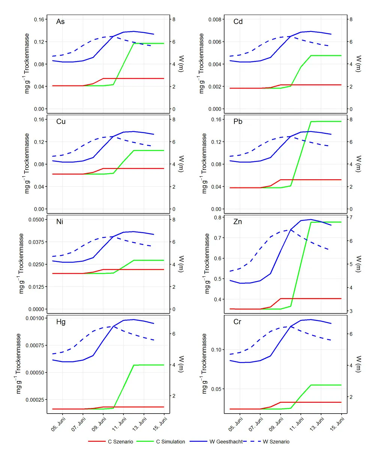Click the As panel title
[60, 21]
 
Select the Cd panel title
[238, 21]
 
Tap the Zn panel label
[237, 222]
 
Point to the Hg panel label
[61, 322]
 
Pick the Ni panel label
[60, 222]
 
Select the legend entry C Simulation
[170, 442]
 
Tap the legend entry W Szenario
[276, 442]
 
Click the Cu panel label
[61, 121]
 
